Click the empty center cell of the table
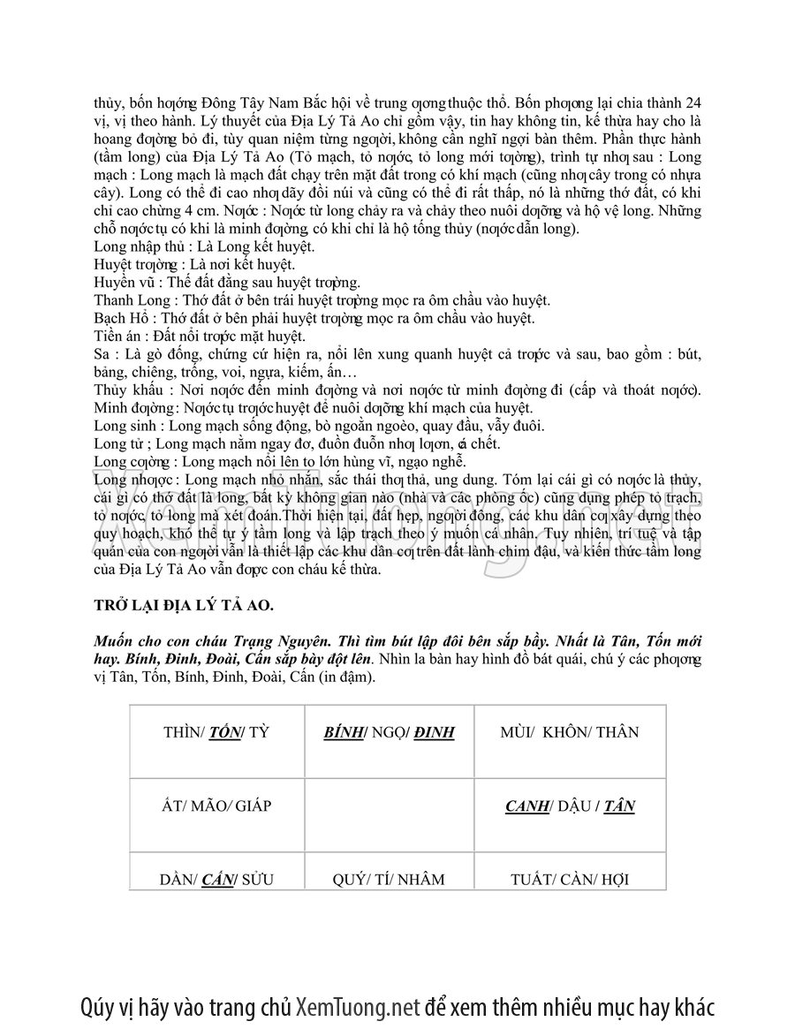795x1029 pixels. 389,814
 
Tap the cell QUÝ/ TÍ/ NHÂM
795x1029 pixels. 389,879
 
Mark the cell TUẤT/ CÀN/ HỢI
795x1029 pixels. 570,879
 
